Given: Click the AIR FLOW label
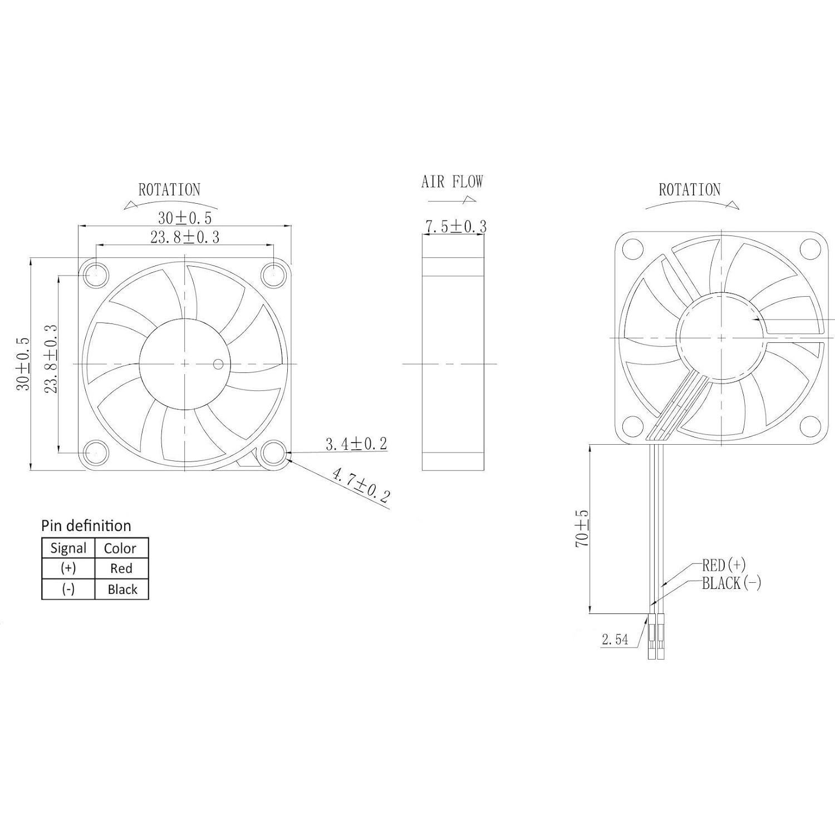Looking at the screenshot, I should click(452, 181).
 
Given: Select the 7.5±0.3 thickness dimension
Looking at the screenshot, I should click(455, 227).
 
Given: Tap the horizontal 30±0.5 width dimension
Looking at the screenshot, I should click(185, 218).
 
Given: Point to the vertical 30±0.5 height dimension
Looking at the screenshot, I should click(23, 364).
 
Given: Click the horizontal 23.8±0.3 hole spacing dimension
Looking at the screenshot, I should click(185, 238).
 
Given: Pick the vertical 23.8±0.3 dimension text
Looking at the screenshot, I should click(51, 359).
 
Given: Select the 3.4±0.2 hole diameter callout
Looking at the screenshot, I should click(356, 444).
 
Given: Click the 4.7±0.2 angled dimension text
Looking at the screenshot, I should click(361, 485).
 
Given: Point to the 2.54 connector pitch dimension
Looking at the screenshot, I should click(615, 640).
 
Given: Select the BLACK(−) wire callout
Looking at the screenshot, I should click(731, 583).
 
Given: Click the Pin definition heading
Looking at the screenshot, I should click(86, 526).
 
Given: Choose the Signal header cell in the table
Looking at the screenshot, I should click(68, 548).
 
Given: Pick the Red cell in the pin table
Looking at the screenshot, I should click(121, 568).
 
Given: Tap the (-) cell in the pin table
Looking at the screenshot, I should click(68, 589).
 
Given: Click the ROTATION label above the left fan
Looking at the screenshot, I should click(169, 190).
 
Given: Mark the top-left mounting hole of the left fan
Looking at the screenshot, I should click(95, 274).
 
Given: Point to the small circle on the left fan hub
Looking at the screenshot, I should click(218, 365).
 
